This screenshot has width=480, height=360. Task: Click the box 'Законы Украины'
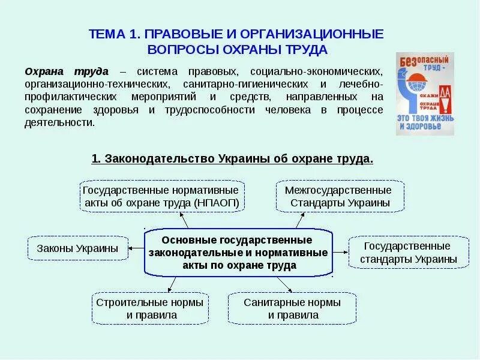78,248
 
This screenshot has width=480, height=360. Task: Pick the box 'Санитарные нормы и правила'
292,308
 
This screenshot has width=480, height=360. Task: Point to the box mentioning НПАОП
163,196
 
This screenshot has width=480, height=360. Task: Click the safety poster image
425,94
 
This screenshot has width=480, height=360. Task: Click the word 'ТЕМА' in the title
107,34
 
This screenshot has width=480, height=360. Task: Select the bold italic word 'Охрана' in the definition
43,71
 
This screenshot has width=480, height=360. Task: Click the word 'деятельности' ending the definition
59,122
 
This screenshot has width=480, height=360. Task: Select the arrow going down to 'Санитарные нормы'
282,283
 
